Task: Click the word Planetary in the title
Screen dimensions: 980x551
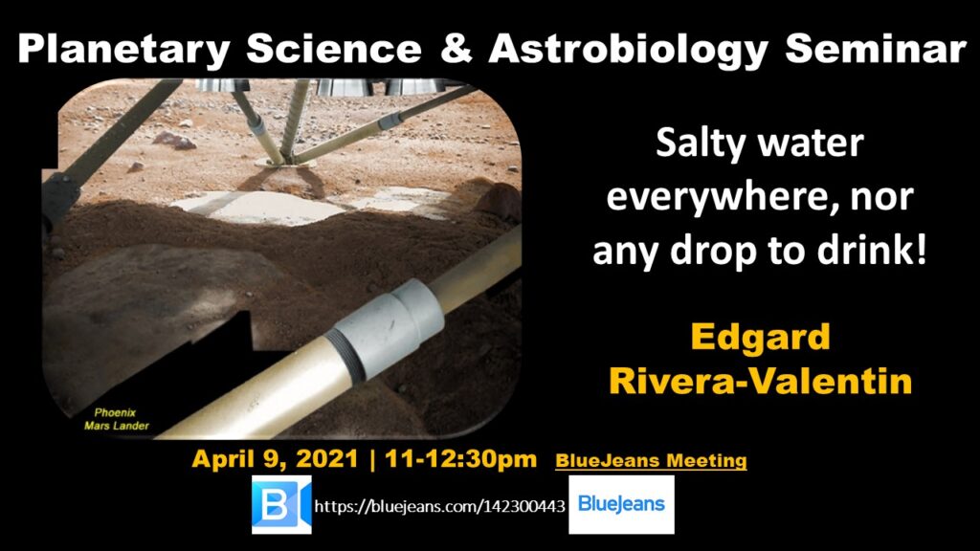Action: click(x=123, y=49)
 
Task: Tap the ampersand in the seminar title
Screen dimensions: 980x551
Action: click(x=456, y=48)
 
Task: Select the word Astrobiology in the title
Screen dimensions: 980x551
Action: click(x=628, y=49)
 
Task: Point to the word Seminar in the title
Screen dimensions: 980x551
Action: click(x=876, y=48)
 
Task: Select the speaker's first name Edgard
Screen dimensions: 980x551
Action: click(x=760, y=338)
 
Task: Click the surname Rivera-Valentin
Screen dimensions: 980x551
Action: click(x=760, y=381)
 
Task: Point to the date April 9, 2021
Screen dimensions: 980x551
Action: click(x=275, y=459)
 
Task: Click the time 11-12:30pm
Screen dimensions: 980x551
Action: click(x=460, y=459)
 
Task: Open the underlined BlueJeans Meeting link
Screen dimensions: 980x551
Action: click(x=651, y=461)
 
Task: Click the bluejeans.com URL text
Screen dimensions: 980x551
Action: click(x=439, y=506)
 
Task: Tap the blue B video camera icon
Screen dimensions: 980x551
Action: click(x=281, y=505)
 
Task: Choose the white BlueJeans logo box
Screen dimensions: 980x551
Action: click(x=621, y=505)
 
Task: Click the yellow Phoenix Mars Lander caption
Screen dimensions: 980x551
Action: click(x=117, y=419)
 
